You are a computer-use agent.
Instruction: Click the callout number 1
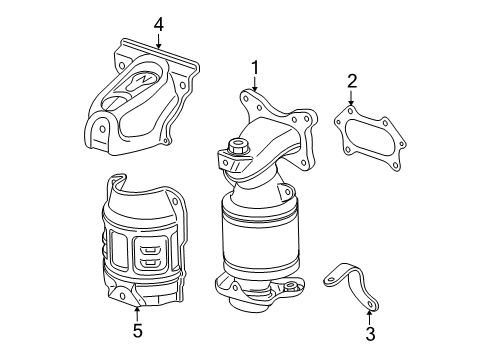coord(255,68)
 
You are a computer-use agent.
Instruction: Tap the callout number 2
coord(352,81)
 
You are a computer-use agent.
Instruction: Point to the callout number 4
coord(157,23)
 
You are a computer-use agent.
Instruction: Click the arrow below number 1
coord(255,87)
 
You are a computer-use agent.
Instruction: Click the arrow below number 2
coord(352,100)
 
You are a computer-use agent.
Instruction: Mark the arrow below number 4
coord(157,42)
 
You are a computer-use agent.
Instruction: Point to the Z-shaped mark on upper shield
coord(145,78)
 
